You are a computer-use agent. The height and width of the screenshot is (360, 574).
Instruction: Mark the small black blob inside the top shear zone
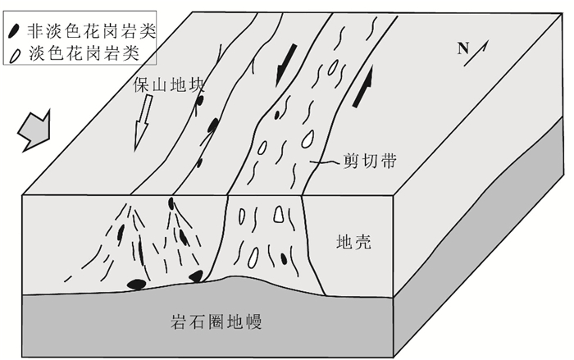(280, 113)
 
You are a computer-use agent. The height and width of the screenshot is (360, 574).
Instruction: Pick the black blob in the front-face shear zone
(285, 259)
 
